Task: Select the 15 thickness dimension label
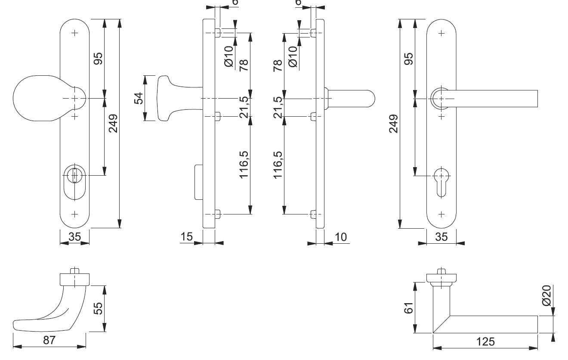coord(186,237)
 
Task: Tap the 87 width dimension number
coord(49,340)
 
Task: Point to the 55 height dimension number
coord(98,308)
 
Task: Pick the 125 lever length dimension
coord(486,342)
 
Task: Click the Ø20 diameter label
coord(546,295)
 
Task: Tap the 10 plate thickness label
coord(340,237)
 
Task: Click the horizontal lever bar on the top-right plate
coord(495,99)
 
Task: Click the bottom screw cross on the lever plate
coord(441,214)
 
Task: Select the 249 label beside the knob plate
coord(113,124)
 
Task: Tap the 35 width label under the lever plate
coord(441,237)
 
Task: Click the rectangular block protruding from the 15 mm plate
coord(199,182)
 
